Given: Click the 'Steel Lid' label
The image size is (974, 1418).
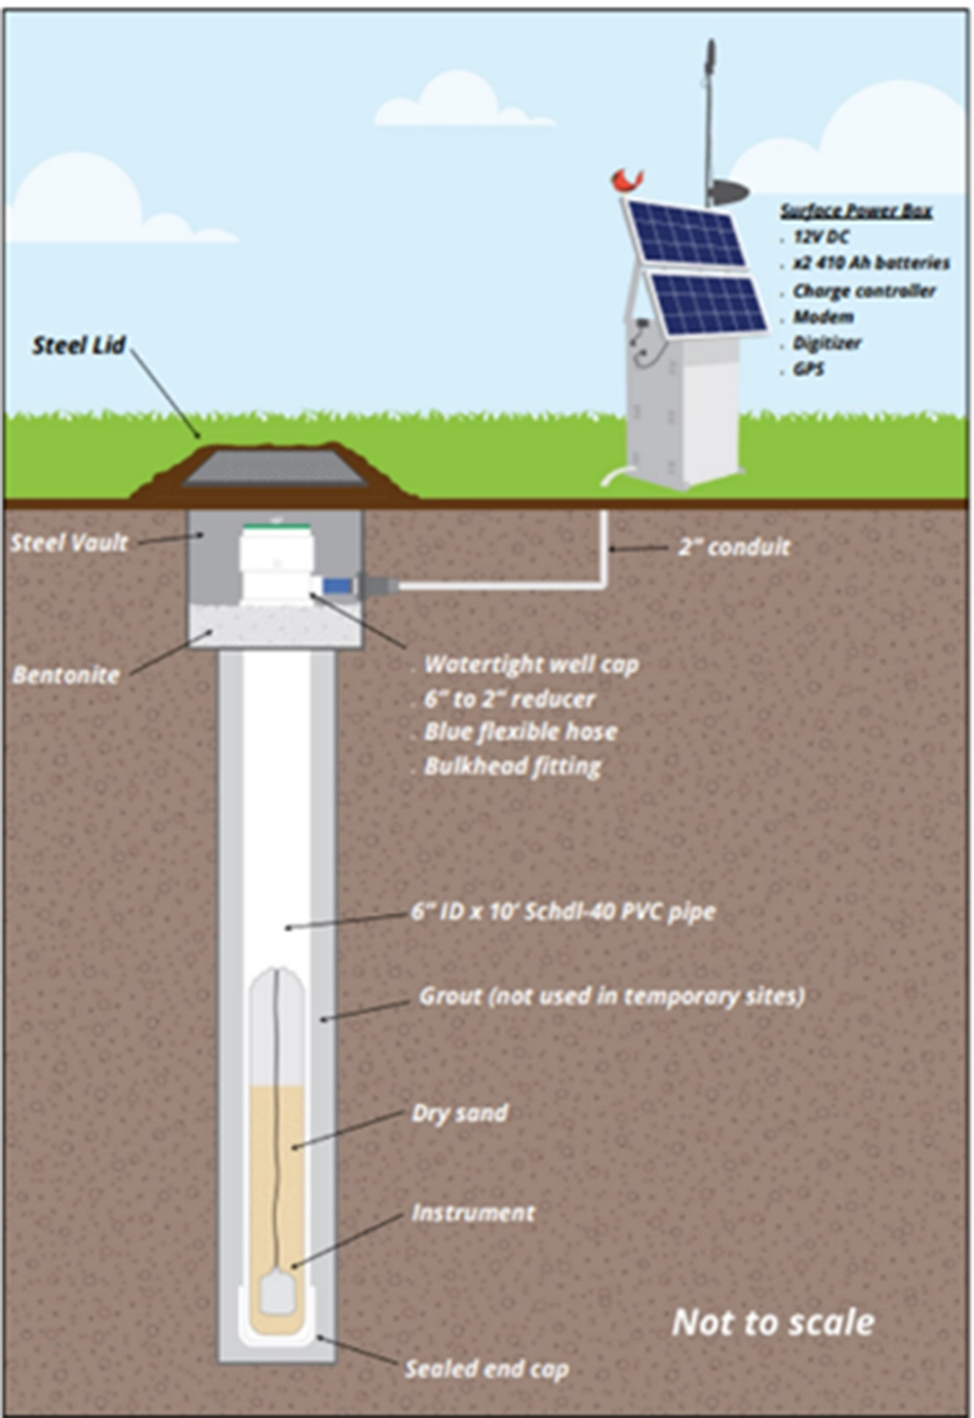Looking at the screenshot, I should click(x=79, y=346).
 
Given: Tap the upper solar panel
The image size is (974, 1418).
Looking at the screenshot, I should click(x=686, y=234).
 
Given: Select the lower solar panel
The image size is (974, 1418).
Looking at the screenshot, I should click(x=708, y=303).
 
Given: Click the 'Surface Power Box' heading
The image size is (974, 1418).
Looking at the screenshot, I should click(x=855, y=210).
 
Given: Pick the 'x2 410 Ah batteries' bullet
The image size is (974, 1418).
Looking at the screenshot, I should click(x=870, y=263).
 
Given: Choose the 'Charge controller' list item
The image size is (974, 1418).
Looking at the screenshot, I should click(x=863, y=290).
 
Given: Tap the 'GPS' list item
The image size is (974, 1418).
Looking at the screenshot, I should click(x=807, y=369).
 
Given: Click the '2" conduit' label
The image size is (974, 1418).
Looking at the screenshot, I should click(x=733, y=547).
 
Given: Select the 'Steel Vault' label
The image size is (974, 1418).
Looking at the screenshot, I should click(x=69, y=542).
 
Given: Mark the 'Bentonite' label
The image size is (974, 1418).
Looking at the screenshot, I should click(x=66, y=675).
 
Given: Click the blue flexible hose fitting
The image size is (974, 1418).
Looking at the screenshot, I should click(x=338, y=586).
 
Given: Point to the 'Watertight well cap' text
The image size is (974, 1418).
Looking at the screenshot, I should click(x=531, y=665).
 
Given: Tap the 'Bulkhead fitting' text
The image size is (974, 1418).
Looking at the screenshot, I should click(x=512, y=766).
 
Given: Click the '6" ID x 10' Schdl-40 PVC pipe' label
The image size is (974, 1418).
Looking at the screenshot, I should click(x=563, y=913).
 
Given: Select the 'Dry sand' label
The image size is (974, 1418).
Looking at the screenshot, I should click(x=460, y=1113).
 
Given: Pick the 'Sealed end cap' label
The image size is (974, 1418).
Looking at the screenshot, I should click(x=486, y=1369).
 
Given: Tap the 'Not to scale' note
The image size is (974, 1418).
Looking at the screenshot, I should click(x=773, y=1323).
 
